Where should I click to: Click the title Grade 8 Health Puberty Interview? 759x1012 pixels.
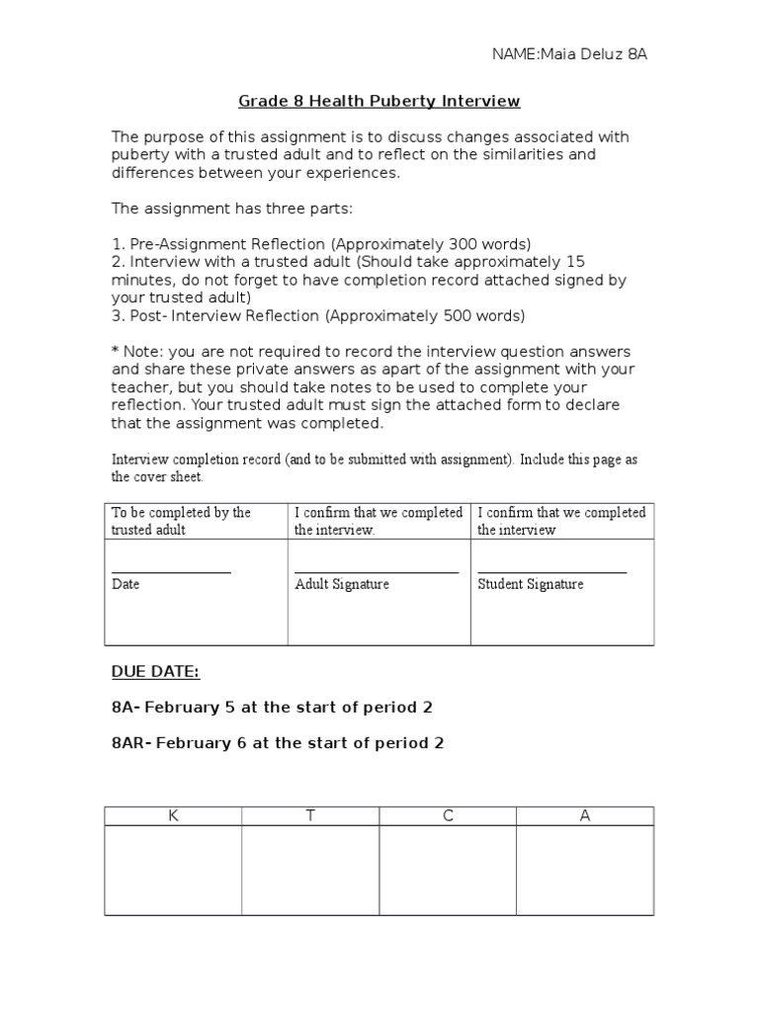pos(379,101)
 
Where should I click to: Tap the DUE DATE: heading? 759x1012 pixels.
pos(155,672)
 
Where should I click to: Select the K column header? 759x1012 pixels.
pos(173,816)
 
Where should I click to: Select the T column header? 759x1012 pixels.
pos(310,816)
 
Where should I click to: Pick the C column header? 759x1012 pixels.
pos(448,816)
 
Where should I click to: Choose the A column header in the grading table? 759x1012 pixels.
pos(585,816)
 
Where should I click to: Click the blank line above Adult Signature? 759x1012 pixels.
pos(377,571)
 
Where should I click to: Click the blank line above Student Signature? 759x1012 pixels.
pos(552,571)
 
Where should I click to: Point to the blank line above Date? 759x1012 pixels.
pos(171,571)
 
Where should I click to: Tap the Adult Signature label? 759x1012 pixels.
pos(342,584)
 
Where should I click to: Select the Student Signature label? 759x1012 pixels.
pos(531,584)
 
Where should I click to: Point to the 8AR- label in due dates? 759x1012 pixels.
pos(131,743)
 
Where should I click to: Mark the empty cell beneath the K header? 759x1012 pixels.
pos(173,870)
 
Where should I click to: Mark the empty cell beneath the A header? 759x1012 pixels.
pos(585,870)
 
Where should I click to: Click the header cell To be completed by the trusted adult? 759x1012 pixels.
pos(195,521)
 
